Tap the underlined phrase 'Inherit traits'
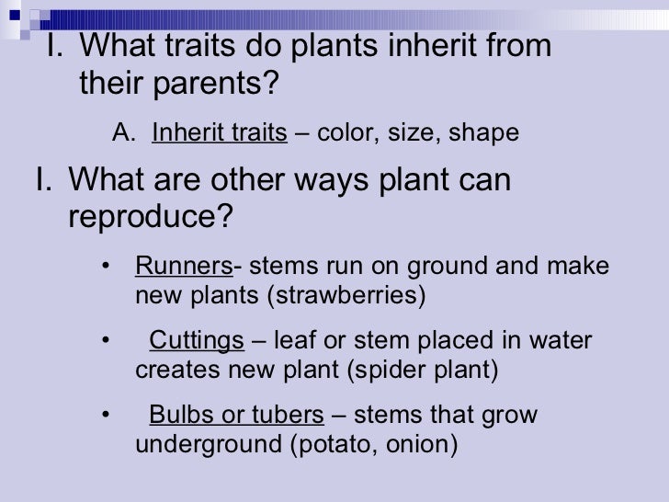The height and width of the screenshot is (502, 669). [220, 136]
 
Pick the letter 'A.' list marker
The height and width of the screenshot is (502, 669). [124, 136]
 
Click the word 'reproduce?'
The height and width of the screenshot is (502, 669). [152, 219]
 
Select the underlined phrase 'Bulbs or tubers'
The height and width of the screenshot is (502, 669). [236, 416]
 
